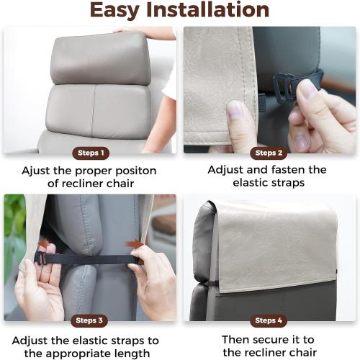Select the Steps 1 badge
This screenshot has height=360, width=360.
point(91,153)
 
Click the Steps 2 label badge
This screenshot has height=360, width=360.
point(269,153)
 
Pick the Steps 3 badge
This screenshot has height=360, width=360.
point(91,320)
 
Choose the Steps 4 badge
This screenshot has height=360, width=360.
point(269,320)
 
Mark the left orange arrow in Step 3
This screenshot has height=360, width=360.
point(44,246)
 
